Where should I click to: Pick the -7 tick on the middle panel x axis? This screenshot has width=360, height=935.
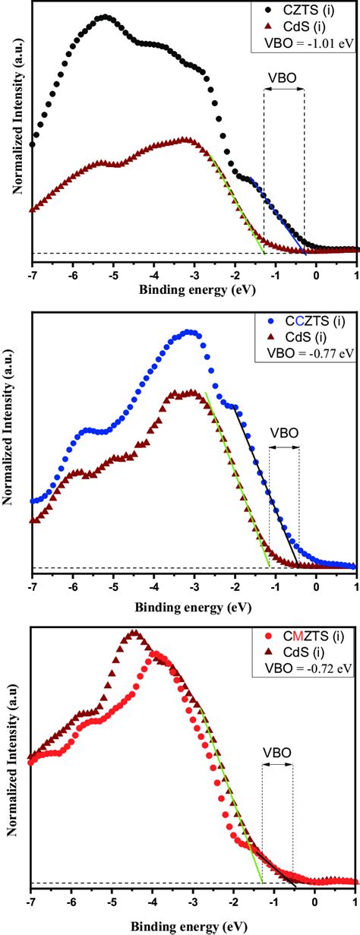(x=32, y=588)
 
